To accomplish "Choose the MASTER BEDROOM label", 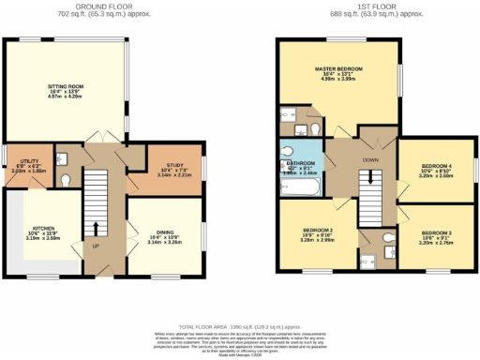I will point(338,69).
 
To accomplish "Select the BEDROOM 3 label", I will point(436,232).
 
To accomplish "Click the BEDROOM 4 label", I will point(436,168).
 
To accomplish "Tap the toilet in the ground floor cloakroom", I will point(65,179).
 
